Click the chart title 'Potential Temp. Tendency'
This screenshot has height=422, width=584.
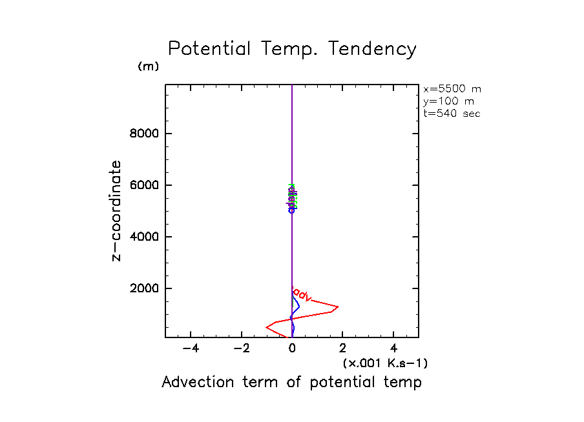[292, 49]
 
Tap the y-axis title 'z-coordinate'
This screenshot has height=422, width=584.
[117, 211]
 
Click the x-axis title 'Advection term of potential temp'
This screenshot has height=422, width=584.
[291, 382]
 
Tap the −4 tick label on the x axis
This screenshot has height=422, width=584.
[191, 348]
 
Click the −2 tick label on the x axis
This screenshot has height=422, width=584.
[242, 348]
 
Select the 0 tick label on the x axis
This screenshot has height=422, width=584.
[293, 348]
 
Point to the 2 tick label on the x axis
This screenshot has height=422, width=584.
[343, 348]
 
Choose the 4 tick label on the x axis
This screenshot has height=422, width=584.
[394, 348]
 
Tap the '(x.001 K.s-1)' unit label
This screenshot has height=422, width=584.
[385, 363]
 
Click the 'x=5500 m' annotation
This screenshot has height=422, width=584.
[452, 89]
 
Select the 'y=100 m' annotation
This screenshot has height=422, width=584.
[448, 101]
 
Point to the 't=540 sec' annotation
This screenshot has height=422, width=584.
[452, 114]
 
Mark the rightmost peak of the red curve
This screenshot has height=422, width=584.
[338, 306]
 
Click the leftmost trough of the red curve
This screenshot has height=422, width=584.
[266, 327]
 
